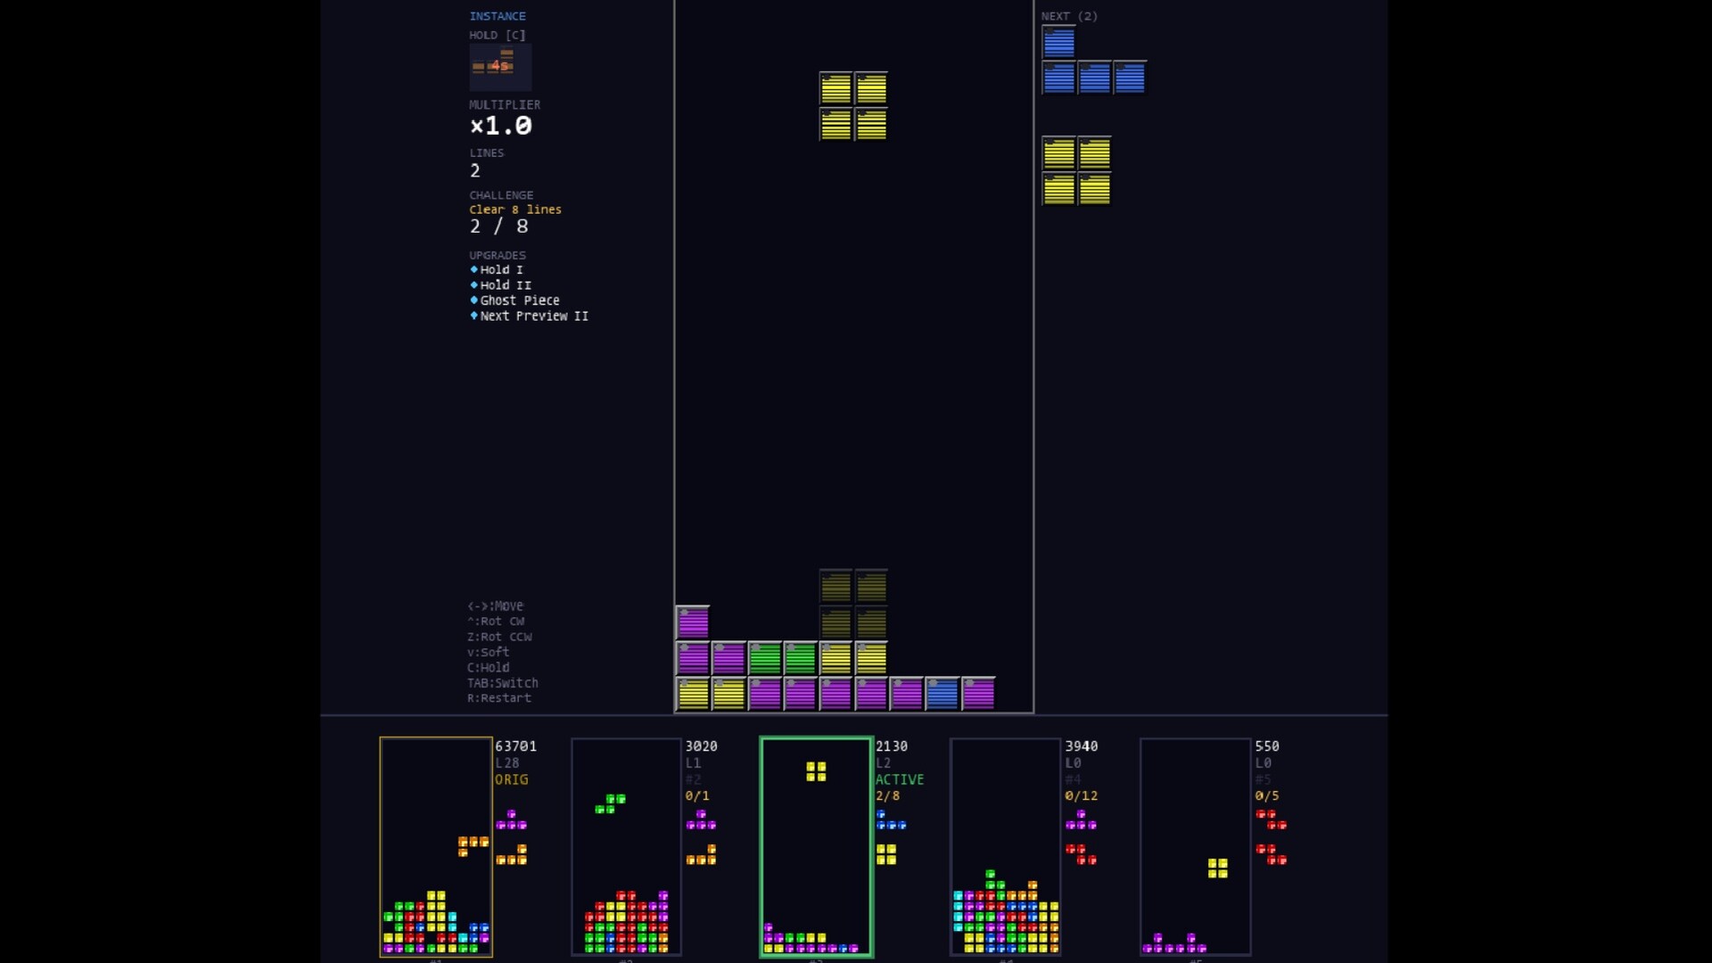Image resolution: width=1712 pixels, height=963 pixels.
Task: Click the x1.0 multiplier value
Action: click(x=500, y=126)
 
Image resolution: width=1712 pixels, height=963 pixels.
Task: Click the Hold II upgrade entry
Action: click(x=505, y=285)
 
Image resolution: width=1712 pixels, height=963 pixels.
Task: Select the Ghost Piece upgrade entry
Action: click(x=519, y=300)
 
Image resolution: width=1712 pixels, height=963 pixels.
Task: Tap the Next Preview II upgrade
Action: click(x=533, y=316)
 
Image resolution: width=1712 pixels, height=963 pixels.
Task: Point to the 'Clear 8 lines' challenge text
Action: click(x=515, y=210)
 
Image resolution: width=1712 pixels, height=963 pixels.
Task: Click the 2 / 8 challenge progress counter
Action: click(x=498, y=226)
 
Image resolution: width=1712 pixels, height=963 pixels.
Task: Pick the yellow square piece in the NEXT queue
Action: click(x=1076, y=171)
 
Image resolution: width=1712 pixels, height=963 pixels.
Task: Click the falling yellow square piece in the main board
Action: click(x=853, y=106)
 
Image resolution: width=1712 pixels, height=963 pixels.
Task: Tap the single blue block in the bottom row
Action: click(x=942, y=694)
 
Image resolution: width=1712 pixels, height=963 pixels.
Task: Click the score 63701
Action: click(x=515, y=746)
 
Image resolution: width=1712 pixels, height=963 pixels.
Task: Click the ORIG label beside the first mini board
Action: click(x=511, y=779)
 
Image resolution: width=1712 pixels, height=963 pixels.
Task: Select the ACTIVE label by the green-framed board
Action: click(x=899, y=779)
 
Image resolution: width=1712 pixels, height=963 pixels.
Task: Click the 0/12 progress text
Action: click(x=1081, y=795)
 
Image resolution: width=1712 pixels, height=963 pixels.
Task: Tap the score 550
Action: click(x=1266, y=746)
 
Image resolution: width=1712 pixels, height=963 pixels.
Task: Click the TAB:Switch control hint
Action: click(x=503, y=683)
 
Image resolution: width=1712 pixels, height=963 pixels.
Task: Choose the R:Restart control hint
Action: click(x=499, y=698)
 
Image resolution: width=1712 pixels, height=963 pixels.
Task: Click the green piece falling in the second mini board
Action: click(x=611, y=803)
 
